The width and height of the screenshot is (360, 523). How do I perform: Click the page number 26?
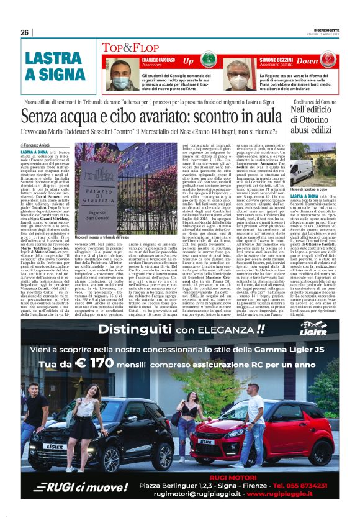[25, 32]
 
